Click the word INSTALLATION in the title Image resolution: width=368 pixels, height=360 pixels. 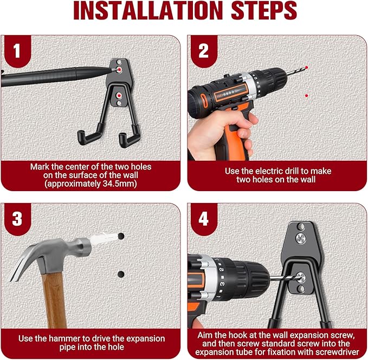pyautogui.click(x=148, y=10)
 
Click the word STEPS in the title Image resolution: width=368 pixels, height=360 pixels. pyautogui.click(x=264, y=10)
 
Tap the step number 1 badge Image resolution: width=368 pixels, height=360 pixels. pyautogui.click(x=17, y=51)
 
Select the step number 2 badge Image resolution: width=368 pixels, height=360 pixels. pyautogui.click(x=203, y=51)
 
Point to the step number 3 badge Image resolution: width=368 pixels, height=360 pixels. pyautogui.click(x=17, y=219)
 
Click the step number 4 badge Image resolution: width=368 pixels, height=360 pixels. pyautogui.click(x=203, y=219)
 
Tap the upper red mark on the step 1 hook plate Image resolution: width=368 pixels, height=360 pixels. pyautogui.click(x=120, y=69)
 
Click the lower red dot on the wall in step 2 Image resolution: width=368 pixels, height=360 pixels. pyautogui.click(x=307, y=96)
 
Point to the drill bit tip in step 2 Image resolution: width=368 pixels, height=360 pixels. pyautogui.click(x=307, y=68)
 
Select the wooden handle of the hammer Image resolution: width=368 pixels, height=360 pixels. pyautogui.click(x=54, y=301)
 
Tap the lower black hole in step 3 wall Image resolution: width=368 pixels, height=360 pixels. pyautogui.click(x=121, y=274)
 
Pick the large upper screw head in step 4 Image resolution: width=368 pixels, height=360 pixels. pyautogui.click(x=300, y=239)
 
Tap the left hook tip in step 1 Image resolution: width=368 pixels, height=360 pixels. pyautogui.click(x=81, y=137)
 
